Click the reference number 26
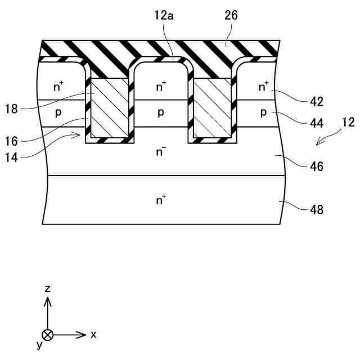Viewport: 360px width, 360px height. pos(231,16)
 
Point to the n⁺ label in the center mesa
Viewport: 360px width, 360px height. pos(161,86)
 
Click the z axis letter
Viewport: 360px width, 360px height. pos(48,289)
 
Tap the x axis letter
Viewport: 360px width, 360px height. pos(93,334)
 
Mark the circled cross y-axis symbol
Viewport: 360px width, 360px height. pos(48,335)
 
